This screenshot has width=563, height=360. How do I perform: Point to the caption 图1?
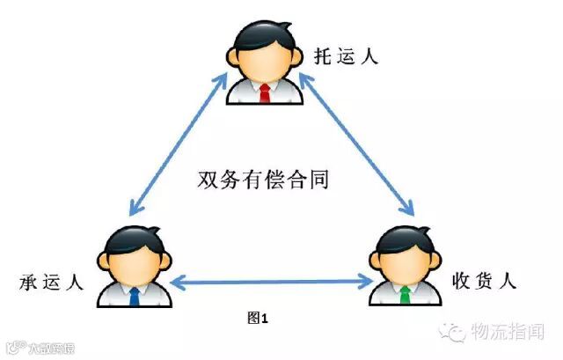[256, 318]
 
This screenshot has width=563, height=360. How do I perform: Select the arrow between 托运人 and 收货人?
[356, 145]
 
